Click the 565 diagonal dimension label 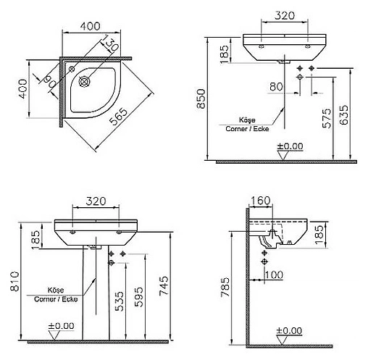pos(118,117)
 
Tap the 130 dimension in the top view pos(110,43)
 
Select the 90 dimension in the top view pos(49,82)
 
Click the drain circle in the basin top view pos(85,81)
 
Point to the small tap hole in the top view pos(72,69)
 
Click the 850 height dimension pos(201,99)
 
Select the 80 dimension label pos(276,86)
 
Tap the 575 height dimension pos(327,118)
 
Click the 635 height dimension pos(343,114)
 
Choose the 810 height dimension pos(14,281)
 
